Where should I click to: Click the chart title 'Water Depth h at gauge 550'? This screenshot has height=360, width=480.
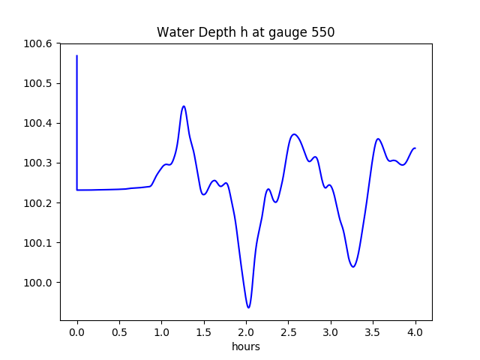click(245, 32)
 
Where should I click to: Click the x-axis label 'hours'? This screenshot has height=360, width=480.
click(245, 346)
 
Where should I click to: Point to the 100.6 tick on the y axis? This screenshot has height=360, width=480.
click(38, 43)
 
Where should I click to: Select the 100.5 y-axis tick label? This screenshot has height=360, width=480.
click(38, 83)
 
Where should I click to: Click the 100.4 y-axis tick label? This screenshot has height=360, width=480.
click(38, 123)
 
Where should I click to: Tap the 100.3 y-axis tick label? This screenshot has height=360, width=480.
click(38, 163)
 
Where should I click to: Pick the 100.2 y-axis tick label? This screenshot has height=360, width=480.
click(38, 203)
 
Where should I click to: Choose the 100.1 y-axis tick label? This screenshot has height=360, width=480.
click(38, 243)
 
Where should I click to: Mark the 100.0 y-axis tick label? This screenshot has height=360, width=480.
click(38, 283)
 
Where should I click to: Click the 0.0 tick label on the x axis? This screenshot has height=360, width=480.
click(77, 331)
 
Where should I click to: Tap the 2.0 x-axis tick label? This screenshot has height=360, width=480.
click(246, 331)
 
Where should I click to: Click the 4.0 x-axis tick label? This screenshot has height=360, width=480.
click(415, 331)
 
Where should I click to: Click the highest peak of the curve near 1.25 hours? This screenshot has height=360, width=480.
click(183, 106)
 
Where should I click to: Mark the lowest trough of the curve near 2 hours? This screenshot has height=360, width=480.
click(248, 307)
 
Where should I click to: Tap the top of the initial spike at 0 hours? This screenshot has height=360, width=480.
click(77, 55)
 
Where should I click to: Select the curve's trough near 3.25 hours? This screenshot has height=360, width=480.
click(352, 266)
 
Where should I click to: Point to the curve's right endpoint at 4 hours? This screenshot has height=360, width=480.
click(415, 148)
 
